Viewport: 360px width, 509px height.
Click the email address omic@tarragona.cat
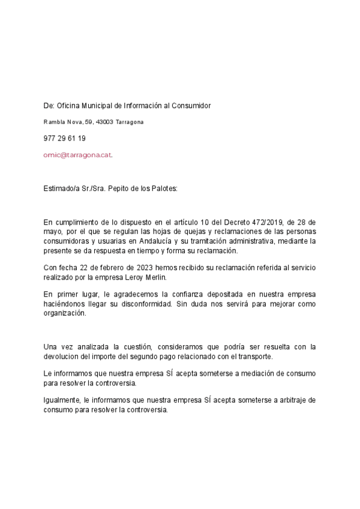point(77,154)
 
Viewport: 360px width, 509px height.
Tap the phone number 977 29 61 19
point(65,138)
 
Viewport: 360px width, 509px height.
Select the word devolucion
point(64,356)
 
